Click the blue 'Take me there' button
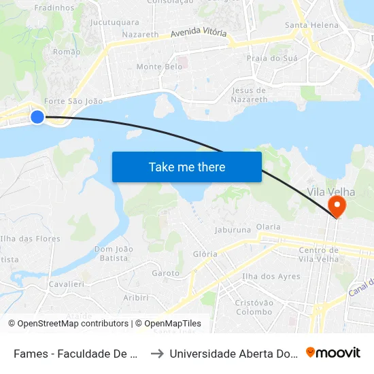point(187,167)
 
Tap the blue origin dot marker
point(37,117)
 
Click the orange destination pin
point(337,206)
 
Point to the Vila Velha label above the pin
point(331,192)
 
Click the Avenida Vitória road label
point(199,33)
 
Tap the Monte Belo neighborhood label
point(159,67)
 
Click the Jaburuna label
point(233,230)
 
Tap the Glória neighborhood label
point(205,254)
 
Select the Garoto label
point(166,273)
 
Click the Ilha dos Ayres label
point(271,277)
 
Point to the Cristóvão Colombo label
point(254,307)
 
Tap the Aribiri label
point(135,297)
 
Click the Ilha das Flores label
point(31,239)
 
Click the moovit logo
point(333,353)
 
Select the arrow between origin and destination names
point(156,353)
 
